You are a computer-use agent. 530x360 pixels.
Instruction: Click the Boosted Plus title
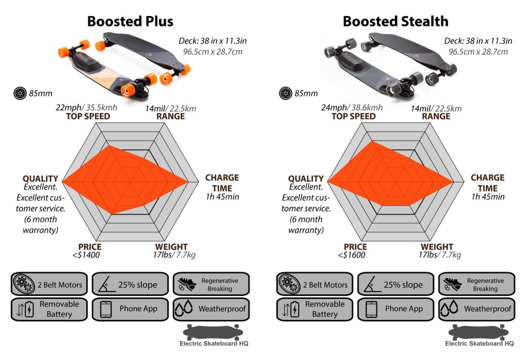[130, 21]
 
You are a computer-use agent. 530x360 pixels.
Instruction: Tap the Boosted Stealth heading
[395, 21]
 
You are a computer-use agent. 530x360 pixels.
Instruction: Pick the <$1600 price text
[351, 255]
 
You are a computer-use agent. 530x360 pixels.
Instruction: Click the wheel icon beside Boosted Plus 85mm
[20, 94]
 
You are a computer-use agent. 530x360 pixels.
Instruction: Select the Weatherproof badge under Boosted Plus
[210, 309]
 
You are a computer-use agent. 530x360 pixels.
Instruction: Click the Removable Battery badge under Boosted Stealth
[314, 309]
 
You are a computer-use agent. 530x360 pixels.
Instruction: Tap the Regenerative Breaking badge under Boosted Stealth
[476, 285]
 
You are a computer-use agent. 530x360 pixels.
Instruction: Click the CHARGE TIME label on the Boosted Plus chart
[222, 183]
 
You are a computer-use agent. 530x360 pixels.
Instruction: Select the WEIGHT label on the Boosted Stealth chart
[437, 247]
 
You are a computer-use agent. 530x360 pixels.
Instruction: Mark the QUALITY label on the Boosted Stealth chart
[306, 179]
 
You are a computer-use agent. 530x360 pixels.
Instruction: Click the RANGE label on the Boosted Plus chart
[171, 116]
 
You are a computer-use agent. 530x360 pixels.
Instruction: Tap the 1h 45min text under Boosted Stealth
[488, 197]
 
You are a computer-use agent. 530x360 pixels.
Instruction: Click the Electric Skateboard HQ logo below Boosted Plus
[215, 336]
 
